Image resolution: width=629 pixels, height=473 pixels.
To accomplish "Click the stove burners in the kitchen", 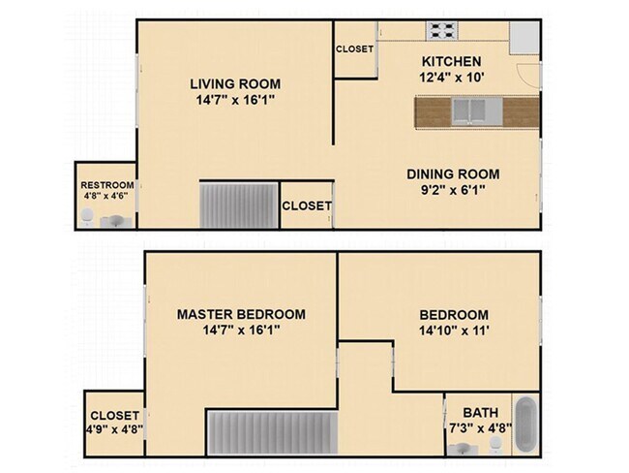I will pos(443,30).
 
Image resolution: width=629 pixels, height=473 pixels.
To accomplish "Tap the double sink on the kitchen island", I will pos(471,111).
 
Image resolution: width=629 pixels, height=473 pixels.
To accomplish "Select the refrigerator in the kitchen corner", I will pos(524,36).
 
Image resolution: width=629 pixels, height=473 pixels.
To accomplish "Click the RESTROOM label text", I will pos(106,185).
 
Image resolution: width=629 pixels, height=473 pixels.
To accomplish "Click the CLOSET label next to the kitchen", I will pos(354,49).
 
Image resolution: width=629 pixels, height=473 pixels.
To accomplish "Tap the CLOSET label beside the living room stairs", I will pos(307,205).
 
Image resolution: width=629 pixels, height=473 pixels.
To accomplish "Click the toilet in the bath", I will pos(495,445).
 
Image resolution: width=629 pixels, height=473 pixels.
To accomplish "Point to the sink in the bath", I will pos(463,447).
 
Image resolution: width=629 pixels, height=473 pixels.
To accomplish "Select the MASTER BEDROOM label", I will pos(241,314).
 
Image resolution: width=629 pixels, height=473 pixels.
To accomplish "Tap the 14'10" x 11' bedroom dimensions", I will pos(453,331).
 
